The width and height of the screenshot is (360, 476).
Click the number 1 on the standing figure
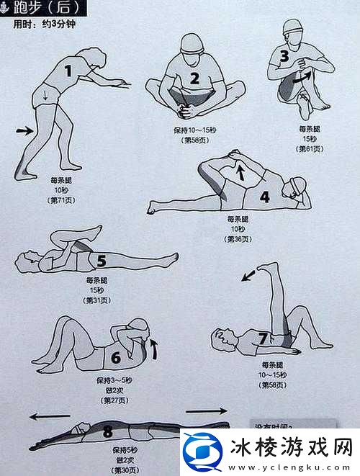[x=69, y=71]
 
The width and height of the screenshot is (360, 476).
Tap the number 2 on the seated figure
[x=194, y=78]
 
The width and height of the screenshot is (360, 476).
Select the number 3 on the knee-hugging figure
[x=284, y=56]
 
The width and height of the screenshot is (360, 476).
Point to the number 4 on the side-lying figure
[x=265, y=196]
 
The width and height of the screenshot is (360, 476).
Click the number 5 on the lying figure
[x=101, y=261]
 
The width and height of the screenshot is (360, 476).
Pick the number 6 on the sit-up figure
[x=116, y=357]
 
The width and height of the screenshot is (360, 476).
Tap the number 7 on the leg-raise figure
[x=263, y=338]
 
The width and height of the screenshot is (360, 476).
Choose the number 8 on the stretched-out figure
[x=108, y=432]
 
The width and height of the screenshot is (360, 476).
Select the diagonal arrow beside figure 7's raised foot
[x=248, y=275]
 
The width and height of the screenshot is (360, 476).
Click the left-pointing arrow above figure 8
[x=50, y=416]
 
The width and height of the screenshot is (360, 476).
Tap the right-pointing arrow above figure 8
[x=206, y=411]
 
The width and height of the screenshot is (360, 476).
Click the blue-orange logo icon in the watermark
[x=200, y=451]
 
